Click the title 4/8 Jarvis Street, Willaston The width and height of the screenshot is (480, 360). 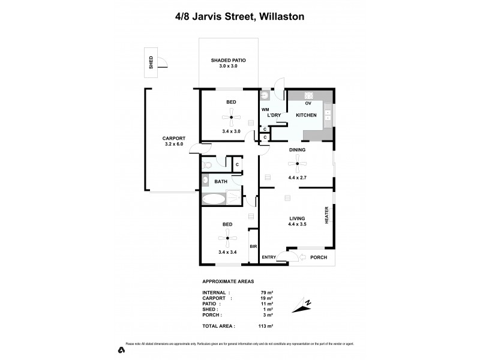click(x=239, y=17)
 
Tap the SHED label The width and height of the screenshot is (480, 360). click(x=151, y=63)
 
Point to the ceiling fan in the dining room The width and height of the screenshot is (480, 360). click(x=297, y=163)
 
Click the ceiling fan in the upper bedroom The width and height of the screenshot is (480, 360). click(x=231, y=118)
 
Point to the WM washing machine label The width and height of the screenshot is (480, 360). click(x=265, y=109)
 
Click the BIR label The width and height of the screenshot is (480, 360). click(x=253, y=247)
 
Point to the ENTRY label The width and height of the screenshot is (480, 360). click(x=269, y=257)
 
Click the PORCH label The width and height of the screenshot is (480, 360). click(x=318, y=257)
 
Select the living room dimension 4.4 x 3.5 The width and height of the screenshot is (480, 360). click(x=298, y=224)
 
